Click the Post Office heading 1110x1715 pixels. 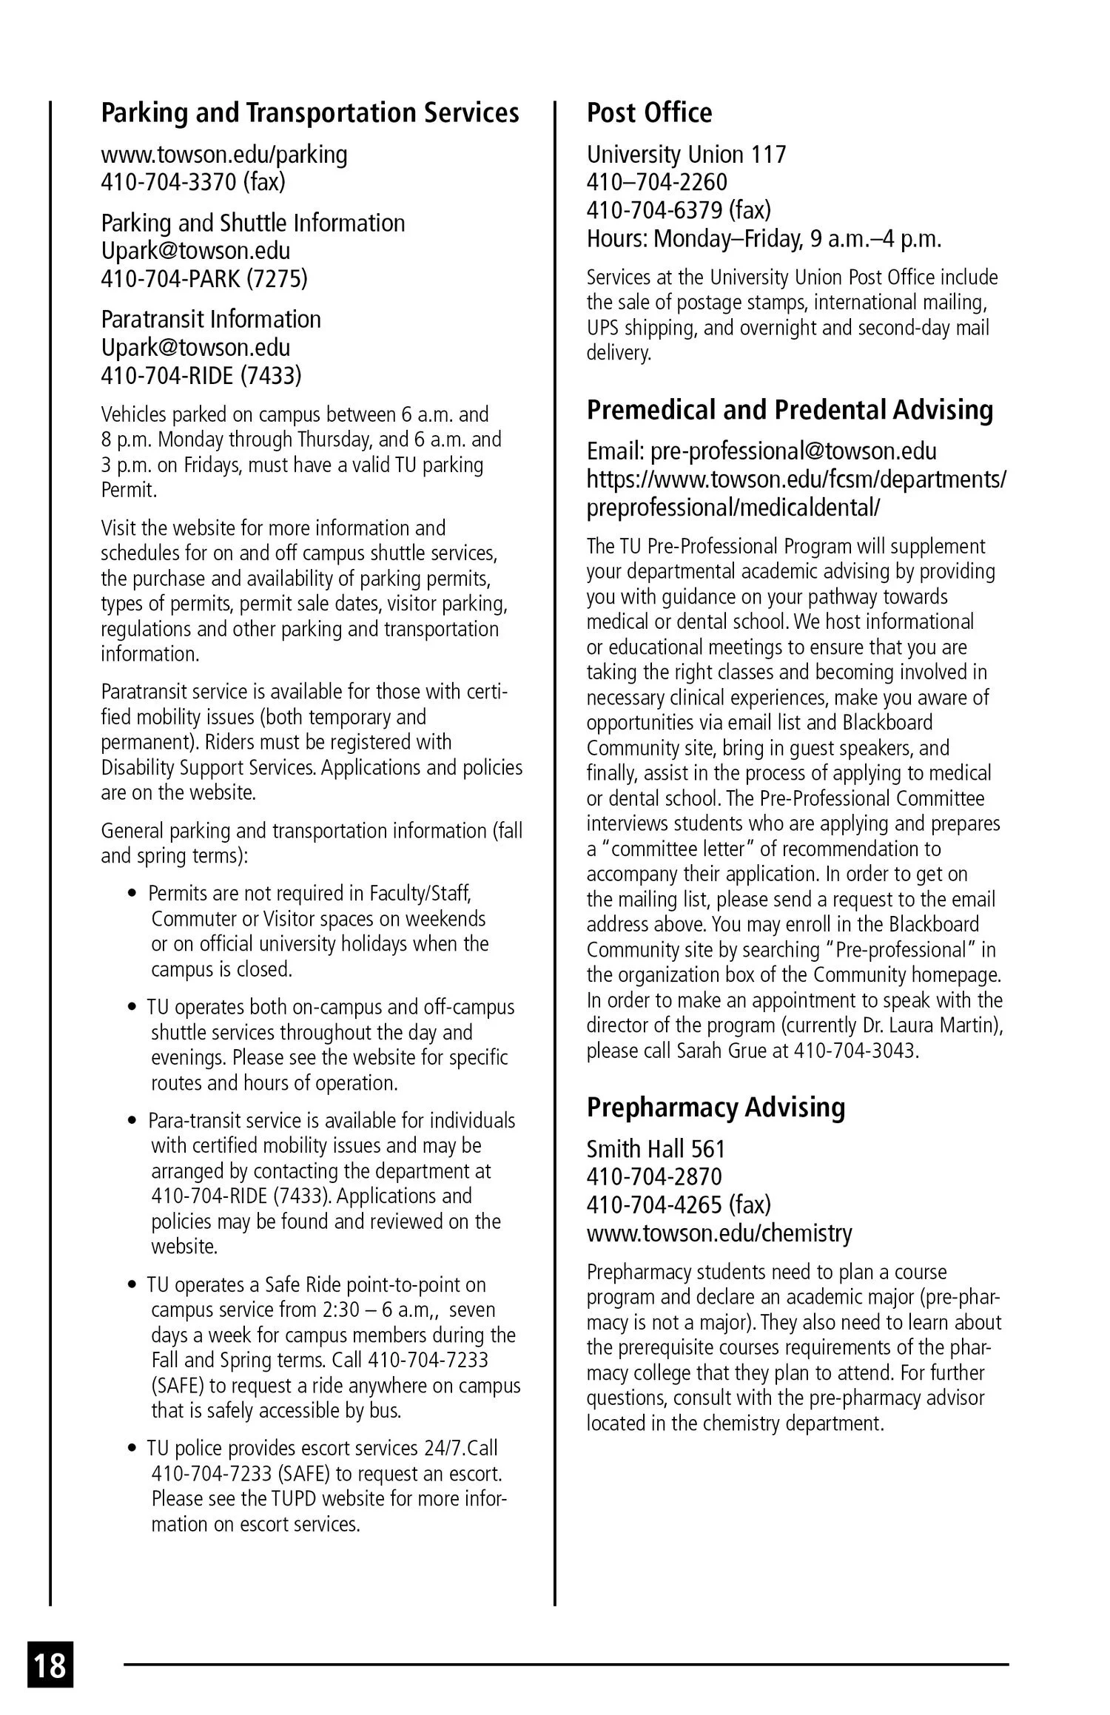coord(649,112)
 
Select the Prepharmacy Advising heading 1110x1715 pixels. coord(716,1107)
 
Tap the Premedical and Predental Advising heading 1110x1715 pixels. coord(790,409)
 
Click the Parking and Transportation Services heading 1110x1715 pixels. coord(310,112)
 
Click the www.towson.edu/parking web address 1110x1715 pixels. coord(224,155)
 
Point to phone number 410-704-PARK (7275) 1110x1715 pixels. coord(204,279)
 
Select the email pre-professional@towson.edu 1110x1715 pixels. coord(793,451)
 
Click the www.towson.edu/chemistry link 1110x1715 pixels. coord(719,1233)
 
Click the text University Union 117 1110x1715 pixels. coord(686,155)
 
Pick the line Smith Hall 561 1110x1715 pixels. coord(656,1149)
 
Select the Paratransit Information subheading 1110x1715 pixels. coord(211,320)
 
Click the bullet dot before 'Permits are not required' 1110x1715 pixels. coord(132,894)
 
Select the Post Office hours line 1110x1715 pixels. coord(764,239)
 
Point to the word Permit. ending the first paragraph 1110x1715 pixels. coord(129,490)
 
